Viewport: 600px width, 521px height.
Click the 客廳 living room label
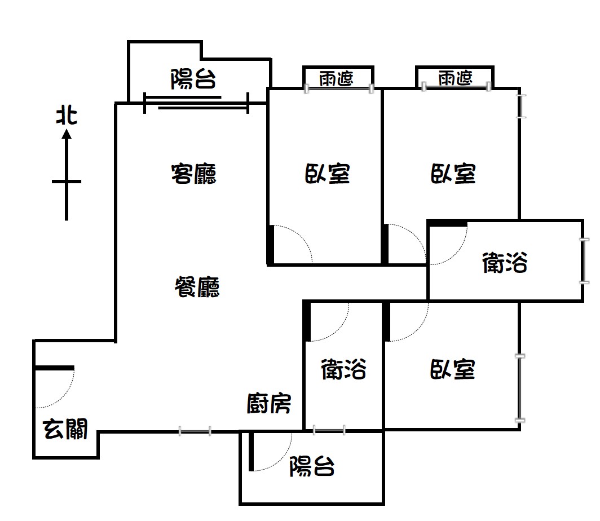tap(193, 174)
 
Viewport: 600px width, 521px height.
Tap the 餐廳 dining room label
tap(197, 287)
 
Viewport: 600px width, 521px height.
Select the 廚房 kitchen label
tap(268, 404)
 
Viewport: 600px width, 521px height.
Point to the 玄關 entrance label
tap(65, 429)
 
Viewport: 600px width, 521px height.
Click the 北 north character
tap(67, 116)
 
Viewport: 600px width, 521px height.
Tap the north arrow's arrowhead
tap(67, 134)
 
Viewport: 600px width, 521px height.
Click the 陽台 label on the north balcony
tap(193, 79)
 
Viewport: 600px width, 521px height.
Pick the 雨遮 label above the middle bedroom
tap(336, 78)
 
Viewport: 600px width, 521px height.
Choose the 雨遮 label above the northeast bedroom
tap(456, 78)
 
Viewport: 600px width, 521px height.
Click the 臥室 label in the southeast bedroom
tap(453, 369)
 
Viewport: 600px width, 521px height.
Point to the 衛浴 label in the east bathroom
tap(505, 262)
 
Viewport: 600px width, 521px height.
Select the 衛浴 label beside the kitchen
tap(343, 369)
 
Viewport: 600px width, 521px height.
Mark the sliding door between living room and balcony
tap(196, 103)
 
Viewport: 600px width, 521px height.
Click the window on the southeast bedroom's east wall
tap(520, 388)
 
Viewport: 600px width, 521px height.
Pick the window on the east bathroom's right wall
tap(584, 260)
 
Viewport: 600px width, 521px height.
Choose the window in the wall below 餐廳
tap(195, 431)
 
